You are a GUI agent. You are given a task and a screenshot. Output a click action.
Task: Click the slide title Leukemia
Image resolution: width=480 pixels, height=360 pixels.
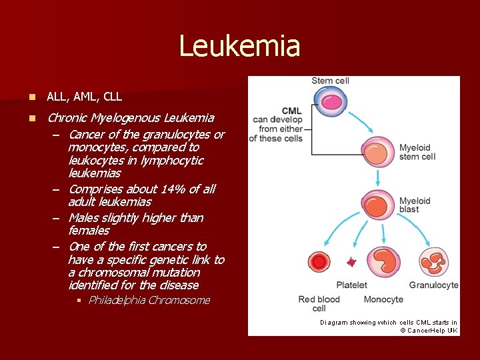[x=239, y=47]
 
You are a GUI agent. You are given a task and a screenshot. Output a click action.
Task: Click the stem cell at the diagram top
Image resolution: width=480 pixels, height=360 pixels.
[x=331, y=101]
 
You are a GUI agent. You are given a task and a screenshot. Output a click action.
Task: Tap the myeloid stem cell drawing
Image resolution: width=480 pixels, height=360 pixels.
[x=378, y=153]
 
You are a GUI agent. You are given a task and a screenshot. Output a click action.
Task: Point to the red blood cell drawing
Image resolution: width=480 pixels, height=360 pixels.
[x=320, y=261]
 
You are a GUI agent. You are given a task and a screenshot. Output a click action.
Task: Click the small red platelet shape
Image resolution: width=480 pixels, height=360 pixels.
[x=351, y=262]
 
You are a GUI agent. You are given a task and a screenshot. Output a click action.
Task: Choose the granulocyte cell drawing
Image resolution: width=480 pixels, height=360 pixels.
[x=433, y=261]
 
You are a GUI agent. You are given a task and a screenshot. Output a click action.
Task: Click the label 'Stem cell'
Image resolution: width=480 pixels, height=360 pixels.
[x=331, y=81]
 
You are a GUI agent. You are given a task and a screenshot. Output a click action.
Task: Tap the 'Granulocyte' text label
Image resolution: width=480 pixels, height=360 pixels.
[x=433, y=285]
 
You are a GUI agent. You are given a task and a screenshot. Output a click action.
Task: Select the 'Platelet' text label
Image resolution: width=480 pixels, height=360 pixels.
[x=351, y=285]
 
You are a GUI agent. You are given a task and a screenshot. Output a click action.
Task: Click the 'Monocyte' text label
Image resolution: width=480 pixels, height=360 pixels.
[x=383, y=300]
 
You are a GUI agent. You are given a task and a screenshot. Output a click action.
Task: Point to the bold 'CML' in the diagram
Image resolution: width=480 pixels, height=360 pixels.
[x=292, y=111]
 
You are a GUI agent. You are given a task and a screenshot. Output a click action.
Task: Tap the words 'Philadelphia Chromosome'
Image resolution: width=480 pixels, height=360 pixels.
[x=149, y=300]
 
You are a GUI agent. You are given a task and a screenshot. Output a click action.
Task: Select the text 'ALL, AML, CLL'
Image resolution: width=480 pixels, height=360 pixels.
[x=85, y=97]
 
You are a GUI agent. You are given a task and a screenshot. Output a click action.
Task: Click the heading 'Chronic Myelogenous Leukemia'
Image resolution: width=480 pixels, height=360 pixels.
[x=131, y=118]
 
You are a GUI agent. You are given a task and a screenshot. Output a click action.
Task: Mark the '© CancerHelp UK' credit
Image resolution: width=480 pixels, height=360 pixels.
[x=429, y=331]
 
